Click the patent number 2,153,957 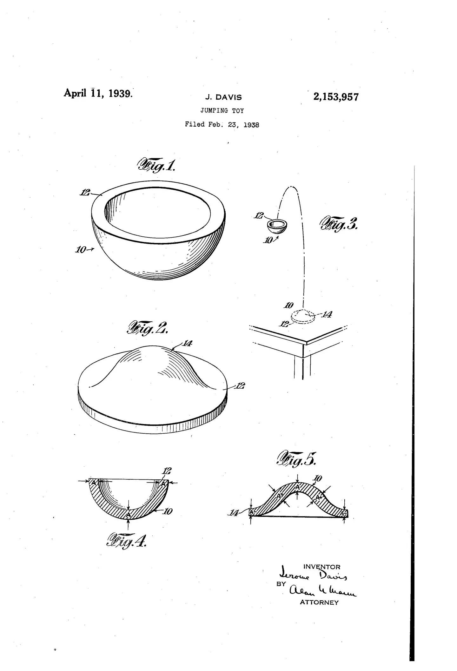click(x=336, y=97)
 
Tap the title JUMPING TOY click(x=222, y=111)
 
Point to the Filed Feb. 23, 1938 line click(x=222, y=125)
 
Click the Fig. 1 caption click(x=156, y=165)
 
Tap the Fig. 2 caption click(x=147, y=328)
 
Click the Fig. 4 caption click(x=127, y=540)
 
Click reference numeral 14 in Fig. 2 click(x=187, y=343)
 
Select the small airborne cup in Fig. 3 click(x=277, y=226)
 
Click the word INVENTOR click(x=322, y=567)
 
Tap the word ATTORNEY click(x=319, y=602)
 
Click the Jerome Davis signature click(x=313, y=576)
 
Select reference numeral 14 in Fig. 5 click(x=234, y=513)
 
